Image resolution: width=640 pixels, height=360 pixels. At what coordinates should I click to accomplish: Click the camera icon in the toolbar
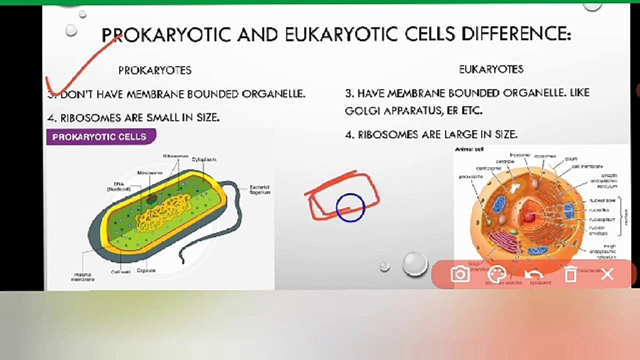[459, 274]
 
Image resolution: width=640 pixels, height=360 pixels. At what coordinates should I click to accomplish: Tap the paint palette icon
[496, 274]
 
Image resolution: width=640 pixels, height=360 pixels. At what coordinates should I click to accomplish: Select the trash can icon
[570, 274]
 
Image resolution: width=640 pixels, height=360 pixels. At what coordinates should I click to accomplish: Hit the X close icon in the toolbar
[607, 274]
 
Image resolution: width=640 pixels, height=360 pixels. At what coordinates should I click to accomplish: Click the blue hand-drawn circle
[350, 207]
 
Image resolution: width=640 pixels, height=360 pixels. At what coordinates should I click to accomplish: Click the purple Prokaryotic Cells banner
[99, 136]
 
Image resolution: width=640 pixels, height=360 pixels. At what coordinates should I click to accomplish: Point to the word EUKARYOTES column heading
[491, 69]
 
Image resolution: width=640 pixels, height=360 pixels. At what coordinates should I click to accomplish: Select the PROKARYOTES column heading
[154, 70]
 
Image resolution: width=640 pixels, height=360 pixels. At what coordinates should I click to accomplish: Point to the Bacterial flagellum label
[259, 189]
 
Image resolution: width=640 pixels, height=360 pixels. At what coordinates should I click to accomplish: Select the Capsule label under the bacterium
[146, 270]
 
